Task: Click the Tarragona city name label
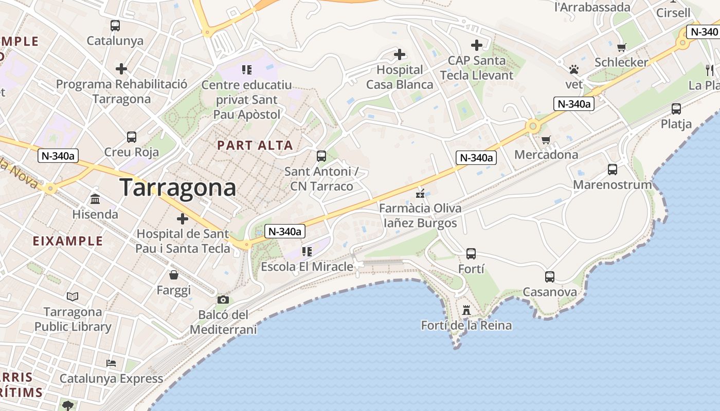178,188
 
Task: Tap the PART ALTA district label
255,145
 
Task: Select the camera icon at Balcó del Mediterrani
223,300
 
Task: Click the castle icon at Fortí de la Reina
466,310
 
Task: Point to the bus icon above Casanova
549,277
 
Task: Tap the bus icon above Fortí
471,253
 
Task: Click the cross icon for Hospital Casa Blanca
400,54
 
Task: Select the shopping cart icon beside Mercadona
546,140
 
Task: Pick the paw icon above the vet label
574,69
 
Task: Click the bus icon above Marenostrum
612,169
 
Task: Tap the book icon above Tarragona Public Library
73,296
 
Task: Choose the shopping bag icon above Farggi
174,275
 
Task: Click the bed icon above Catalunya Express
111,363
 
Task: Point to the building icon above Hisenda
95,199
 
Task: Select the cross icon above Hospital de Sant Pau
183,219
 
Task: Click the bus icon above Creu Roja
132,137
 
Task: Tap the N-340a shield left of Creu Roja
58,156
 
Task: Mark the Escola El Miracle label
307,267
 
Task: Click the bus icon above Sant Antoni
321,156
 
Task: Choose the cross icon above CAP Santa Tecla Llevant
477,45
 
